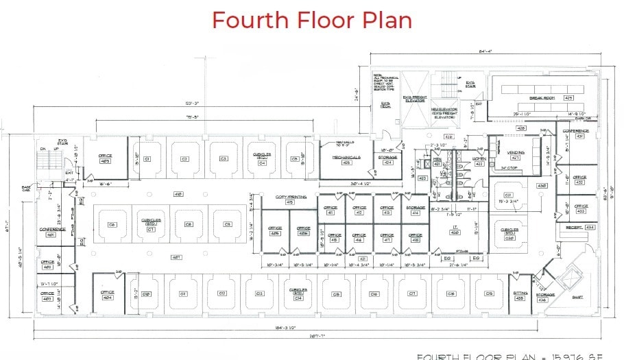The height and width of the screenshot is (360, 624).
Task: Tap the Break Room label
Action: click(541, 88)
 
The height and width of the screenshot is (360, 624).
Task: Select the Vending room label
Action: click(516, 152)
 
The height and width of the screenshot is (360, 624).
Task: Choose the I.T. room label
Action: click(455, 227)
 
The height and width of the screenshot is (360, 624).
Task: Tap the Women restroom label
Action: click(479, 158)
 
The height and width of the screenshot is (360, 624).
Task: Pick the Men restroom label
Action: click(437, 159)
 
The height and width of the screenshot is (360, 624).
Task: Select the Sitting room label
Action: click(519, 292)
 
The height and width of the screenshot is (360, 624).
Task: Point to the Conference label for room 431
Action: click(575, 130)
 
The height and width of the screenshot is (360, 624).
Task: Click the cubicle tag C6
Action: click(112, 224)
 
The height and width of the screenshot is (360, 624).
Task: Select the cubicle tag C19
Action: click(489, 293)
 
